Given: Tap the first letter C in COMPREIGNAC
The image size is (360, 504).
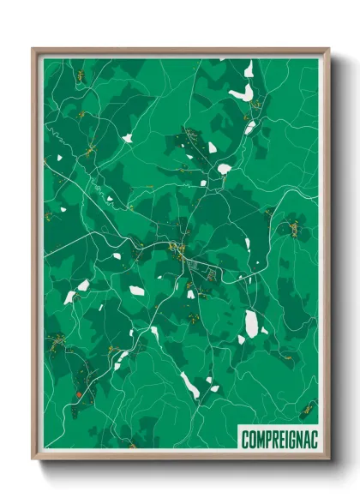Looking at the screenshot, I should click(246, 439).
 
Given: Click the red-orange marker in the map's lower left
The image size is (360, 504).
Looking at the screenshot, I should click(77, 394).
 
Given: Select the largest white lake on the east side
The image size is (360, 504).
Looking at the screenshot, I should click(251, 323).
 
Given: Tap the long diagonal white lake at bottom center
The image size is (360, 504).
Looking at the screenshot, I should click(189, 385).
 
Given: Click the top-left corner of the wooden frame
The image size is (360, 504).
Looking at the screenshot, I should click(33, 50).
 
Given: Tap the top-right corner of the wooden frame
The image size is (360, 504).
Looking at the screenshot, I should click(328, 50).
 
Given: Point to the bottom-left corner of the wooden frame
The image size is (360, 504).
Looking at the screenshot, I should click(33, 459).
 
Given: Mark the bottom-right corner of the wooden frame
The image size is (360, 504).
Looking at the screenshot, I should click(328, 459).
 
